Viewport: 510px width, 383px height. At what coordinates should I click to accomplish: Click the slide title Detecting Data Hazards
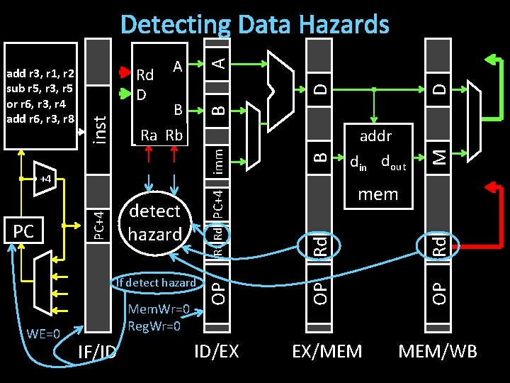(x=255, y=25)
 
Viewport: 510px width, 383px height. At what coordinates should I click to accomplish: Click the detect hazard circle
(x=155, y=222)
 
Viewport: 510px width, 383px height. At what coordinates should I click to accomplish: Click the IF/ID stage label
(x=96, y=352)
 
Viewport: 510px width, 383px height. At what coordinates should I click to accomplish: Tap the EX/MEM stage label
(x=327, y=350)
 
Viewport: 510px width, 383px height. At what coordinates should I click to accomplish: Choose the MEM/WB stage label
(x=437, y=350)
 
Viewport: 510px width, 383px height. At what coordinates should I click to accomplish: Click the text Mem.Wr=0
(x=159, y=309)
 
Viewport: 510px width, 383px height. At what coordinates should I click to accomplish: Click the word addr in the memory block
(x=375, y=135)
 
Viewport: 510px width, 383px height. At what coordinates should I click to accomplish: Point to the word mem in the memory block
(x=378, y=194)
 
